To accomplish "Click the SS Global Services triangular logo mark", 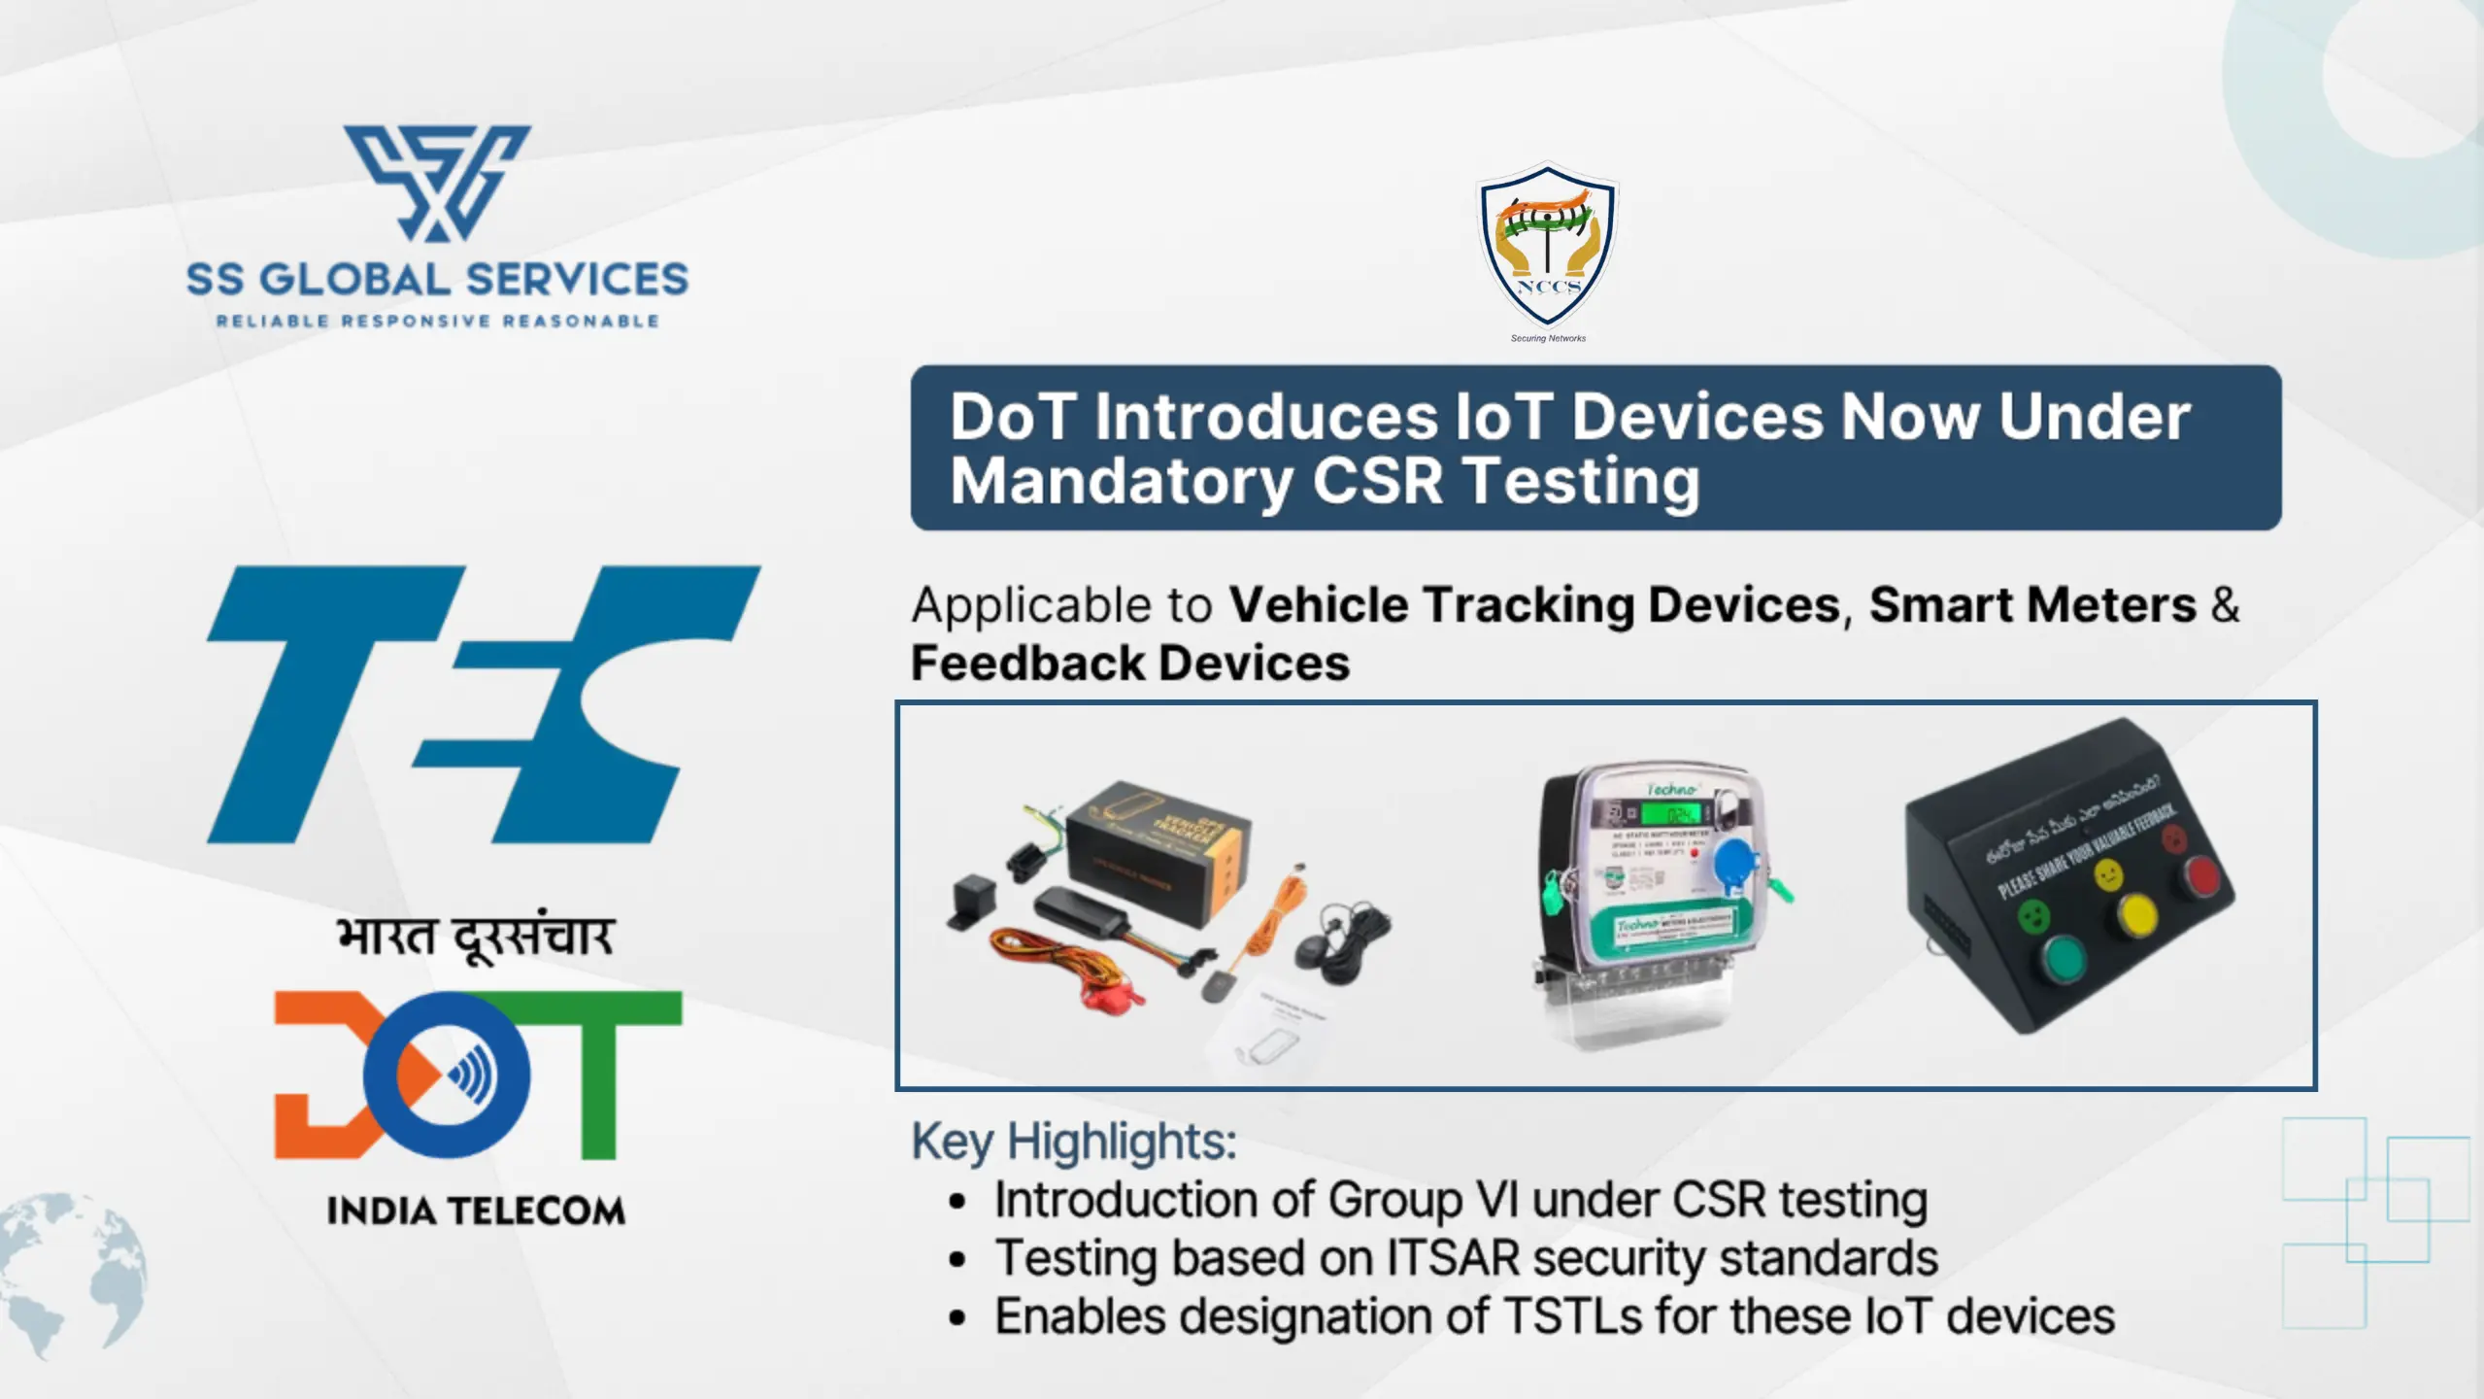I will point(437,182).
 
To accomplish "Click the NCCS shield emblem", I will point(1547,246).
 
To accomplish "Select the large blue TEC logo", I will point(483,704).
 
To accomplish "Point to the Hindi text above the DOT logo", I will point(475,938).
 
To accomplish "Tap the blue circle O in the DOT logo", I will point(447,1075).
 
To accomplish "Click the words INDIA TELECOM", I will point(476,1211).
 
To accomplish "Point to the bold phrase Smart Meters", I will point(2032,604).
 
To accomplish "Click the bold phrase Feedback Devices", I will point(1130,664).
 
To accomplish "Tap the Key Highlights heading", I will point(1073,1141).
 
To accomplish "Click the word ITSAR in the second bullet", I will point(1453,1258).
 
